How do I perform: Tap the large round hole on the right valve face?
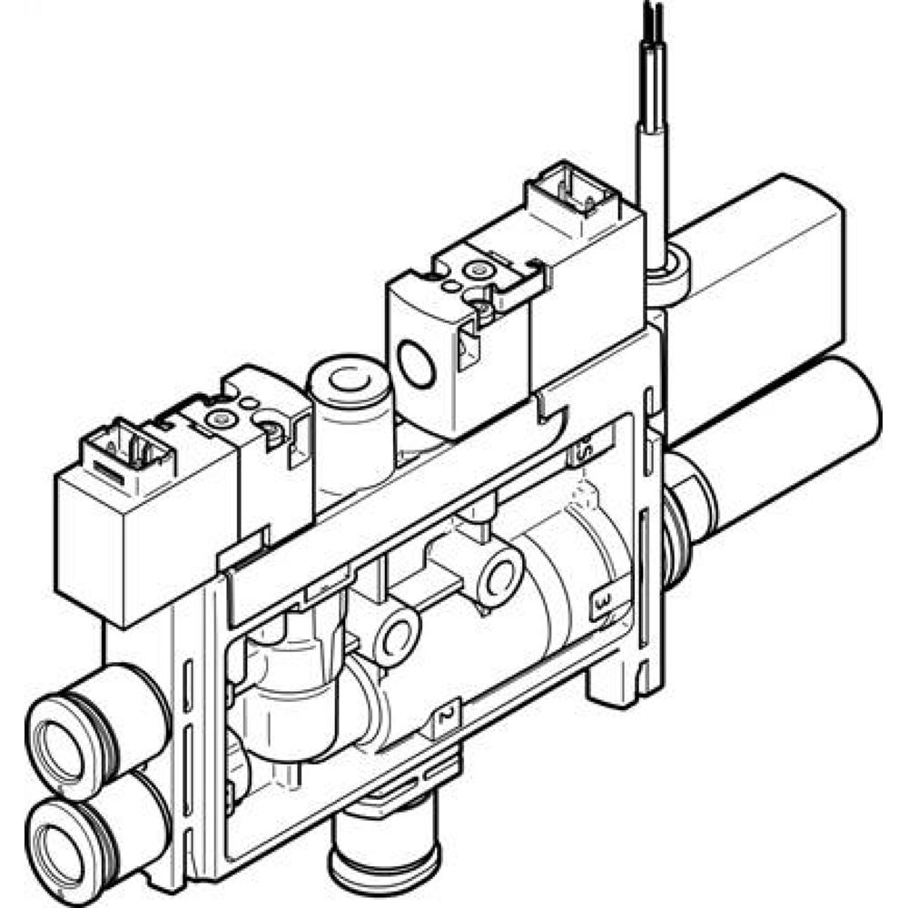click(418, 368)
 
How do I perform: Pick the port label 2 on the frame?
click(446, 717)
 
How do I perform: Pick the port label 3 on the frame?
click(601, 602)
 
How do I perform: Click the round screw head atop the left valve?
click(219, 419)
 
